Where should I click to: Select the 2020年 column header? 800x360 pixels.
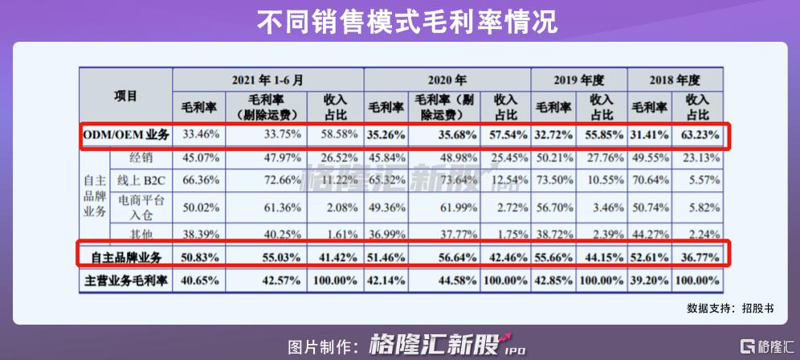coord(447,81)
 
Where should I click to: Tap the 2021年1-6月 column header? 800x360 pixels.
coord(268,81)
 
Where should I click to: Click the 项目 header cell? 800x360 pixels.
coord(126,96)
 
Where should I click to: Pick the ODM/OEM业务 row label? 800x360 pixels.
coord(126,135)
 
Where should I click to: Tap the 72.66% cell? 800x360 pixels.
coord(269,178)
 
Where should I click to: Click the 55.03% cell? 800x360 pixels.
coord(269,258)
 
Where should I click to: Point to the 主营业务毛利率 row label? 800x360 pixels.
coord(126,282)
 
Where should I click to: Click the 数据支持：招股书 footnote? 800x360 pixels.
coord(730,308)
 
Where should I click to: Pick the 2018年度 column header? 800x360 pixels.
coord(676,81)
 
